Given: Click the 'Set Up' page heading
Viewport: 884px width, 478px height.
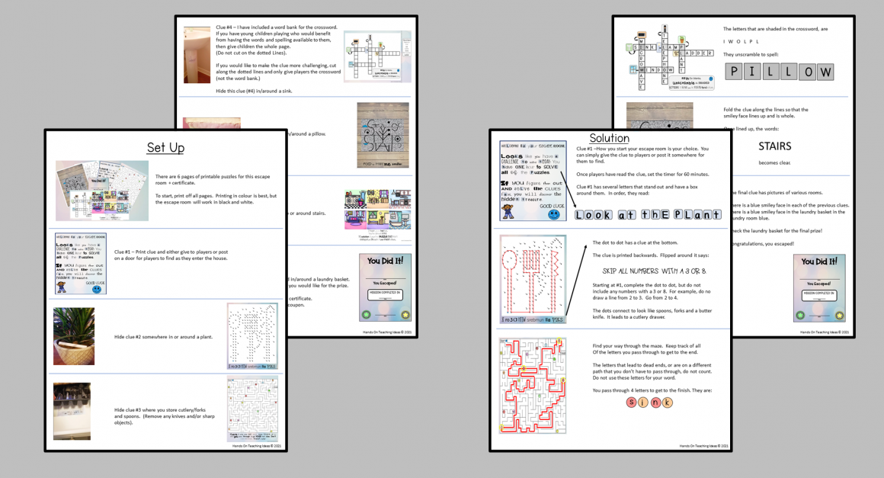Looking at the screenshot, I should click(165, 147).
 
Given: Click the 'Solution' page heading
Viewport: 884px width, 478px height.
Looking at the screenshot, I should click(609, 138).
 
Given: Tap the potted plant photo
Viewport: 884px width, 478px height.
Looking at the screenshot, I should click(74, 336).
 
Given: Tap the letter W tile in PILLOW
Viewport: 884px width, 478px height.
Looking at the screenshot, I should click(825, 72).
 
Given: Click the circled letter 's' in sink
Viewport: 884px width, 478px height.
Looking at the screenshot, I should click(631, 402).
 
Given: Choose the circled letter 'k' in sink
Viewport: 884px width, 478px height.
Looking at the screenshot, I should click(668, 402).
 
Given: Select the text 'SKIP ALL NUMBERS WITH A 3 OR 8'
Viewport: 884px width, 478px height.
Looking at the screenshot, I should click(653, 271).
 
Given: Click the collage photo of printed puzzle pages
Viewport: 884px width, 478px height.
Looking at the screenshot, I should click(101, 190).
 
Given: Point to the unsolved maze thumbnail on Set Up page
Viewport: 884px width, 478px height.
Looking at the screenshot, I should click(252, 409).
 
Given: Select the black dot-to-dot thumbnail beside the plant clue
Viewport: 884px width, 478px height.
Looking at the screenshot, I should click(252, 336).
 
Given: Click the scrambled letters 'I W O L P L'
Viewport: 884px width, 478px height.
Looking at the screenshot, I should click(741, 41).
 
